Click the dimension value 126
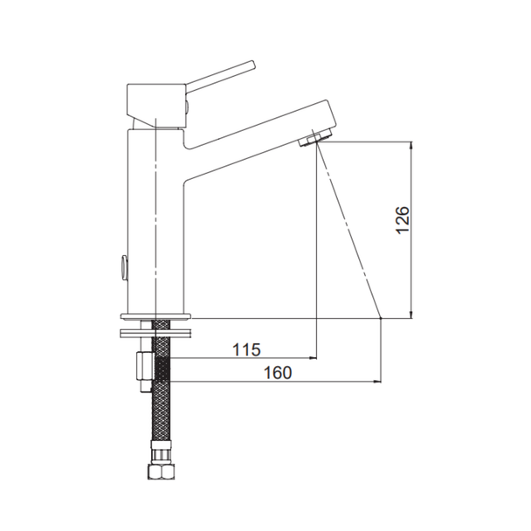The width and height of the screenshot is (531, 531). [x=403, y=219]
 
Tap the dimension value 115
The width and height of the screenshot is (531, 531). [x=246, y=349]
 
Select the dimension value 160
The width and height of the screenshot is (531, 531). [x=278, y=373]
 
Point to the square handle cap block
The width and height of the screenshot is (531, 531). [x=156, y=106]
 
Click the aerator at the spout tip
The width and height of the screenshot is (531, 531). [x=315, y=139]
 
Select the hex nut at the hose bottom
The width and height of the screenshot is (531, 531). [x=162, y=471]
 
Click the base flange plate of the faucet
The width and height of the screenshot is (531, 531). [x=155, y=317]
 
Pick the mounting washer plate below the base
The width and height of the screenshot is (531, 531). [x=155, y=333]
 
